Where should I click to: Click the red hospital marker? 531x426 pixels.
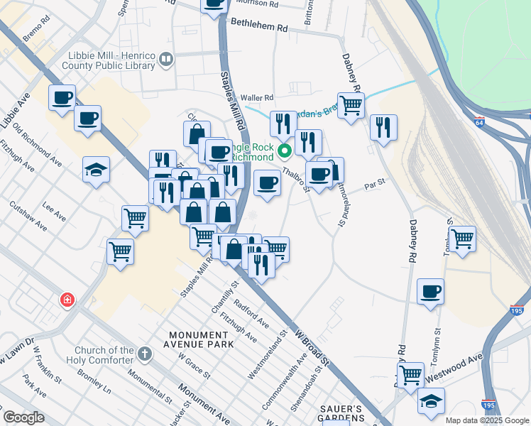(67, 300)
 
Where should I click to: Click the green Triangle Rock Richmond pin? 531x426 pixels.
(285, 151)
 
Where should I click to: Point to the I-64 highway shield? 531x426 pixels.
(479, 122)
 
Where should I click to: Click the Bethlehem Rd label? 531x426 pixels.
(258, 28)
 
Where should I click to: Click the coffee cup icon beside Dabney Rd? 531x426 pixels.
(431, 292)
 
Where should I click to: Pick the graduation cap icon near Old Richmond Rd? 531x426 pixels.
(96, 170)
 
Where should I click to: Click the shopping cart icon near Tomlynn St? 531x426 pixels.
(462, 239)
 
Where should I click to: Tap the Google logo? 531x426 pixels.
(24, 417)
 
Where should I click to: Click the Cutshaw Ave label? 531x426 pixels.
(28, 216)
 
